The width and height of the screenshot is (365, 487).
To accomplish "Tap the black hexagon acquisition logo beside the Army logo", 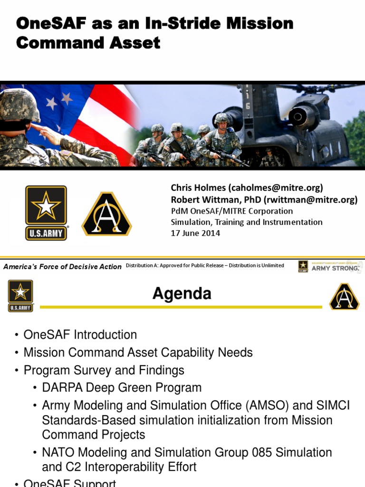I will pos(106,214).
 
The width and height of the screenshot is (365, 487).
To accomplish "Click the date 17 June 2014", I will pos(195,233).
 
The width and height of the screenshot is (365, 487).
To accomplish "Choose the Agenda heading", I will pos(182,294).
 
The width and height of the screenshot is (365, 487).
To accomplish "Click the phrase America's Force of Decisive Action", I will pos(62,267).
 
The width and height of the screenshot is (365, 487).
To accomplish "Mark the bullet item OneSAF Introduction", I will pos(80,335).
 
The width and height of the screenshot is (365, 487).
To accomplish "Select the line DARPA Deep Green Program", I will pos(122,388).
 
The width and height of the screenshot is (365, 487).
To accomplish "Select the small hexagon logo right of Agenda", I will pos(345,296).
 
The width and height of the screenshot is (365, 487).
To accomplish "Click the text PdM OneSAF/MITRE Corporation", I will pos(232,211).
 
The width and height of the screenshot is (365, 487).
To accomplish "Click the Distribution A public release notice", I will pos(205,265).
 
